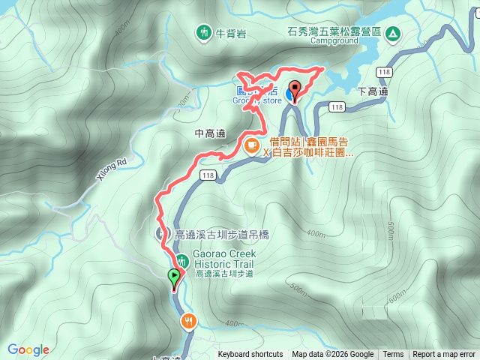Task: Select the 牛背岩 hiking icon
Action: (204, 32)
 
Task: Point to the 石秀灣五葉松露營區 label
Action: (334, 31)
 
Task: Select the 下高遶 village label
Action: (372, 91)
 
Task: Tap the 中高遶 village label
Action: (210, 133)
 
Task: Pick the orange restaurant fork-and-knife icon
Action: (187, 321)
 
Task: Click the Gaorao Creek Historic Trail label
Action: (223, 259)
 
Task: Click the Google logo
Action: (28, 349)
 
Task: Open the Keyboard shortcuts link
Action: (250, 355)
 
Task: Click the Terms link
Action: (393, 355)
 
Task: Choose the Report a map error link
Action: (444, 355)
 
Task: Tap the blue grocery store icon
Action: (290, 96)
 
